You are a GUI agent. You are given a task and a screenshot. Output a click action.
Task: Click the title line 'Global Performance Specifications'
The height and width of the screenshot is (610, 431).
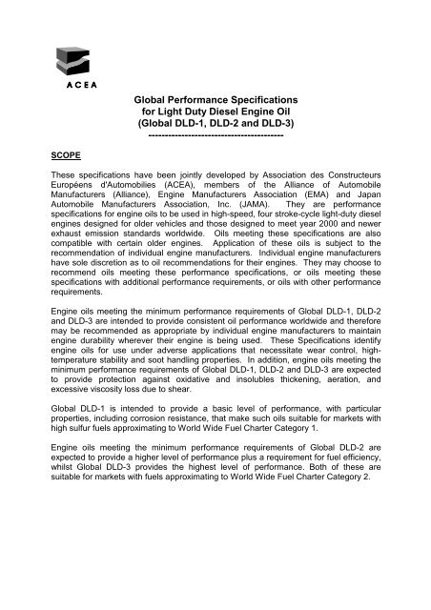[x=215, y=99]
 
